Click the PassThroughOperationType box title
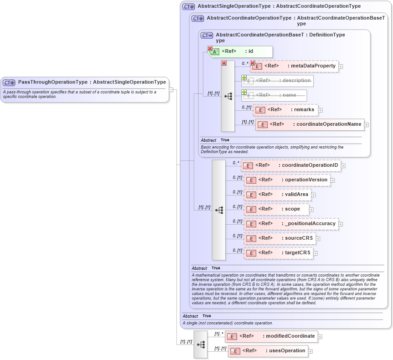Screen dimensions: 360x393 point(92,82)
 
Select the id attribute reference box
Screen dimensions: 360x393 point(241,51)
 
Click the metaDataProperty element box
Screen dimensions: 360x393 point(294,66)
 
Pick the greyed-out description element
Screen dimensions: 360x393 point(278,81)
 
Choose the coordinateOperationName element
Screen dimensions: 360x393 point(310,124)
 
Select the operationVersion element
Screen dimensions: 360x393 point(287,180)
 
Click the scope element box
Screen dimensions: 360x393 point(276,209)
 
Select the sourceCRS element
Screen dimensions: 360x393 point(279,238)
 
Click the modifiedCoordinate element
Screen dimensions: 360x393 point(271,336)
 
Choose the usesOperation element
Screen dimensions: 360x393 point(268,351)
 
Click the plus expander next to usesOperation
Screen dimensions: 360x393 point(313,351)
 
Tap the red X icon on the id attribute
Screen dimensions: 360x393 point(210,48)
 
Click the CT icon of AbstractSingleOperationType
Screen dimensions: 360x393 point(188,6)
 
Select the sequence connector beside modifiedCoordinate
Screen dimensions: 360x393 point(201,345)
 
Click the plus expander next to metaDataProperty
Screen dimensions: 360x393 point(341,67)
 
